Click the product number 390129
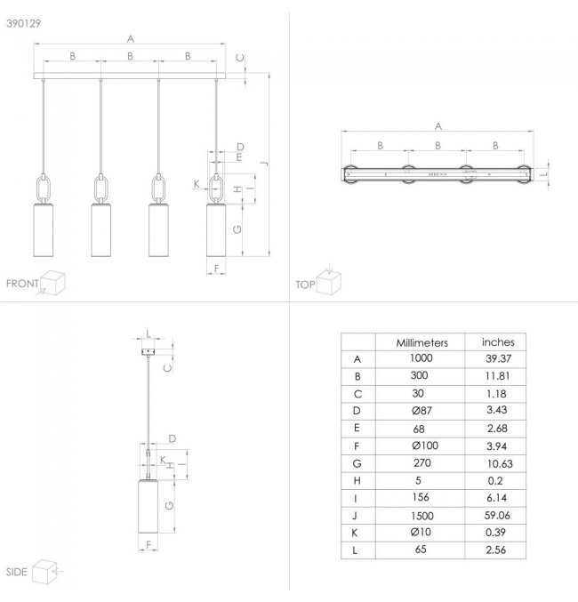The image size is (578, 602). [x=23, y=24]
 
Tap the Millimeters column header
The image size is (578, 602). [x=422, y=343]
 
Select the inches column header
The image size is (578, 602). [x=498, y=342]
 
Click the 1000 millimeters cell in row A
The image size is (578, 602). [x=421, y=358]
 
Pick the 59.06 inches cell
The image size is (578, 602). [x=497, y=515]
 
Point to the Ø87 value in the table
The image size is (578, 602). [x=421, y=411]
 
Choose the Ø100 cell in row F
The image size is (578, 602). [x=425, y=445]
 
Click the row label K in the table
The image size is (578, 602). [x=355, y=533]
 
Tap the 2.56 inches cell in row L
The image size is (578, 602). [x=496, y=550]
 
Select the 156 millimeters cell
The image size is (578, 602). [x=421, y=498]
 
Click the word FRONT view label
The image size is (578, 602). [x=22, y=284]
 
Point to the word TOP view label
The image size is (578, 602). [x=305, y=285]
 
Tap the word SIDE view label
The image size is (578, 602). [x=17, y=572]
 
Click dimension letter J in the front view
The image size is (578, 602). [x=264, y=164]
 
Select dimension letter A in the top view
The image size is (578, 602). [x=438, y=126]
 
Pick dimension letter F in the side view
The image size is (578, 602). [x=149, y=545]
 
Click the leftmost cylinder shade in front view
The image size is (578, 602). [x=44, y=230]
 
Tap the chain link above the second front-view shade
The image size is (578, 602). [x=101, y=189]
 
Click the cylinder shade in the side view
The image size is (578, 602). [x=148, y=506]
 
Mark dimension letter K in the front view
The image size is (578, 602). [x=197, y=184]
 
